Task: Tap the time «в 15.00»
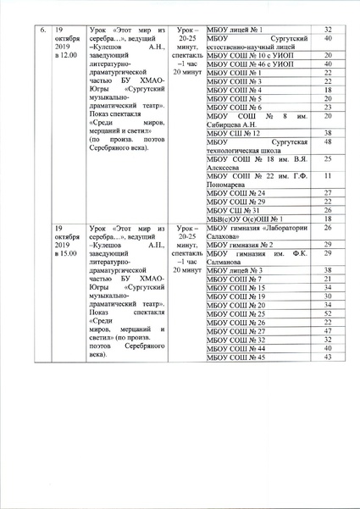coord(65,252)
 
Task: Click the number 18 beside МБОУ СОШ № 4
coord(327,90)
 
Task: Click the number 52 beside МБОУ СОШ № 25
coord(327,313)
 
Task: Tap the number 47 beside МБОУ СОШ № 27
coord(327,331)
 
